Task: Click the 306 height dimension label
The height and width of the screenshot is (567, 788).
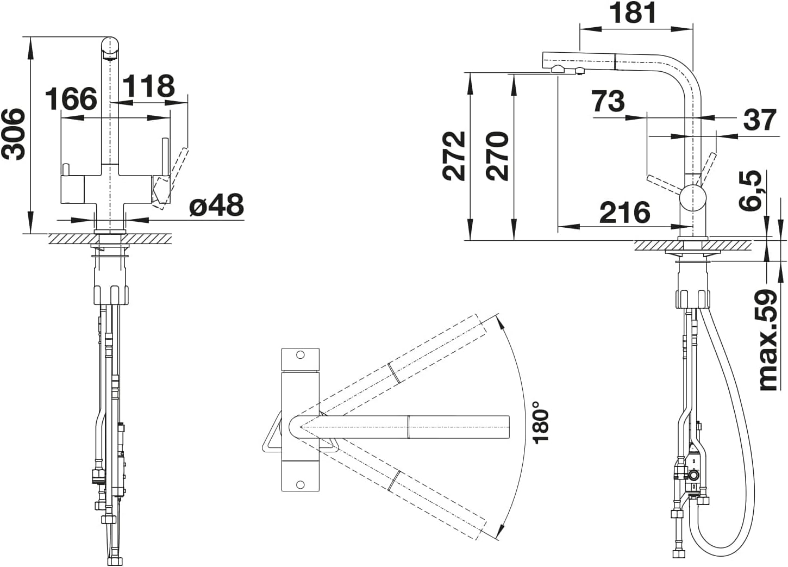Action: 14,134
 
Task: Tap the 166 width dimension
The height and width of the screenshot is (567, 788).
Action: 71,98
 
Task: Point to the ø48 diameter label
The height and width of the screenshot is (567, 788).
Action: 216,204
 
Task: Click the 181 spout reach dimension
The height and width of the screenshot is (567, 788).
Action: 633,13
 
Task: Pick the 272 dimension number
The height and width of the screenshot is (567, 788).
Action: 454,156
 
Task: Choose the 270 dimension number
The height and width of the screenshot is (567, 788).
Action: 497,156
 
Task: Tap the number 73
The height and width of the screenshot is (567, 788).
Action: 608,101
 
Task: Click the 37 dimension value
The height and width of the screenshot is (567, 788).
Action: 760,120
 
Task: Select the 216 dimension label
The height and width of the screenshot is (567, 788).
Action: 625,213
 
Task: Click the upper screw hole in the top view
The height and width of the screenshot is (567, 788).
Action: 300,355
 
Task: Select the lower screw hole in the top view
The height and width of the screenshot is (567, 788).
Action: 300,485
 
